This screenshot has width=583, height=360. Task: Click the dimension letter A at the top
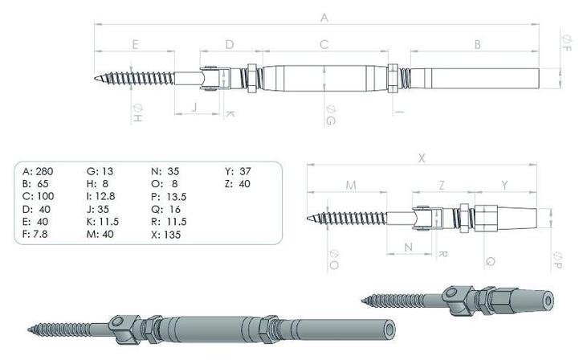pyautogui.click(x=324, y=17)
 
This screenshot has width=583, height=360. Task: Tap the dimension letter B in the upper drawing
pyautogui.click(x=477, y=44)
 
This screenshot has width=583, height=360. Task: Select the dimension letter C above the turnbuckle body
pyautogui.click(x=324, y=44)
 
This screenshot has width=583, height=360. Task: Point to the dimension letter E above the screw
pyautogui.click(x=135, y=44)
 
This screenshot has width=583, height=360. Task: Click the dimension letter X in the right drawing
pyautogui.click(x=422, y=158)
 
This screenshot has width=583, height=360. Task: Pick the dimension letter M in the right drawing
pyautogui.click(x=351, y=186)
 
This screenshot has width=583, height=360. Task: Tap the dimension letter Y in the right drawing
pyautogui.click(x=504, y=185)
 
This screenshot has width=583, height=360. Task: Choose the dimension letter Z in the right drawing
pyautogui.click(x=442, y=185)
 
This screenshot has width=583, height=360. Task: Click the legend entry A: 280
pyautogui.click(x=39, y=171)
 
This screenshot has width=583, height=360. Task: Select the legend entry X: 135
pyautogui.click(x=166, y=235)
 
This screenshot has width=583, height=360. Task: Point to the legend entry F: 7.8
pyautogui.click(x=37, y=235)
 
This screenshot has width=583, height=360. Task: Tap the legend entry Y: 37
pyautogui.click(x=238, y=171)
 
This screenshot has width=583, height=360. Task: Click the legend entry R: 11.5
pyautogui.click(x=169, y=222)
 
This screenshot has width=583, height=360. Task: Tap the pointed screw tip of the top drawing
pyautogui.click(x=96, y=79)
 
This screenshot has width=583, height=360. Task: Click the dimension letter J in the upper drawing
pyautogui.click(x=194, y=105)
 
